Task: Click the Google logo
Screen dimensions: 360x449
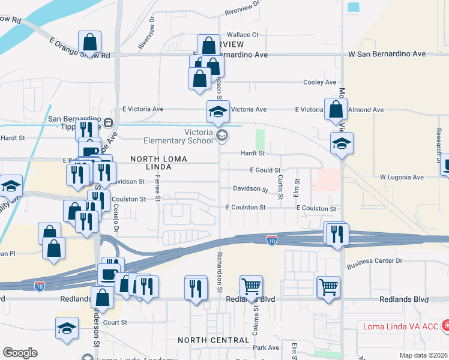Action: click(20, 353)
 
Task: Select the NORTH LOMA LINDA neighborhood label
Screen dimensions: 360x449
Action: click(159, 163)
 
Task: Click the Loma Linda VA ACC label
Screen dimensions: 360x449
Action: click(399, 326)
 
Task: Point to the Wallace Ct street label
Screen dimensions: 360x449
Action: click(242, 35)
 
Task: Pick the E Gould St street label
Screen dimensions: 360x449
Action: click(265, 171)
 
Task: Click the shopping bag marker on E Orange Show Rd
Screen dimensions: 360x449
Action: click(89, 43)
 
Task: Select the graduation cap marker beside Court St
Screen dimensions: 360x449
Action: click(67, 328)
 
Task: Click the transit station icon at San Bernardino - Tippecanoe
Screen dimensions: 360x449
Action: click(109, 122)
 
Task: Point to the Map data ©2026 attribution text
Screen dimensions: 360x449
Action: click(423, 355)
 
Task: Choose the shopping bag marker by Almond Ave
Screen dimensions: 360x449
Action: click(336, 109)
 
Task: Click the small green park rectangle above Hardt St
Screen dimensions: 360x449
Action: click(260, 140)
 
